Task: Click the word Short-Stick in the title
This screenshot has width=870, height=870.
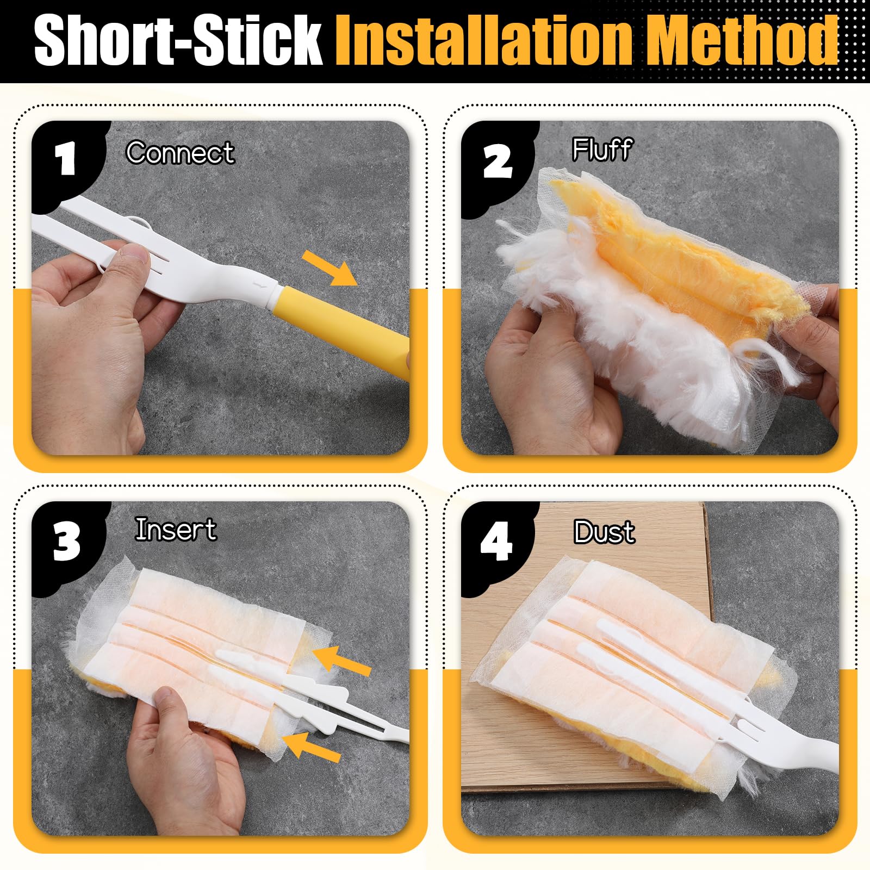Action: click(x=178, y=40)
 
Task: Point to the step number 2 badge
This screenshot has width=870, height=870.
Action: click(x=497, y=161)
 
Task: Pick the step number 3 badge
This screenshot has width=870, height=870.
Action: click(x=67, y=542)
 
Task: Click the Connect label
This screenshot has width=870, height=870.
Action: click(x=180, y=153)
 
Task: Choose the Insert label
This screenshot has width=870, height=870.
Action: click(x=176, y=530)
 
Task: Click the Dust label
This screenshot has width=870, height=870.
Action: click(x=604, y=532)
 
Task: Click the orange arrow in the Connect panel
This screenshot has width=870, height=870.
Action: click(x=330, y=268)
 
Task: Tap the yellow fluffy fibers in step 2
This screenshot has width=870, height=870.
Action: click(x=674, y=256)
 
